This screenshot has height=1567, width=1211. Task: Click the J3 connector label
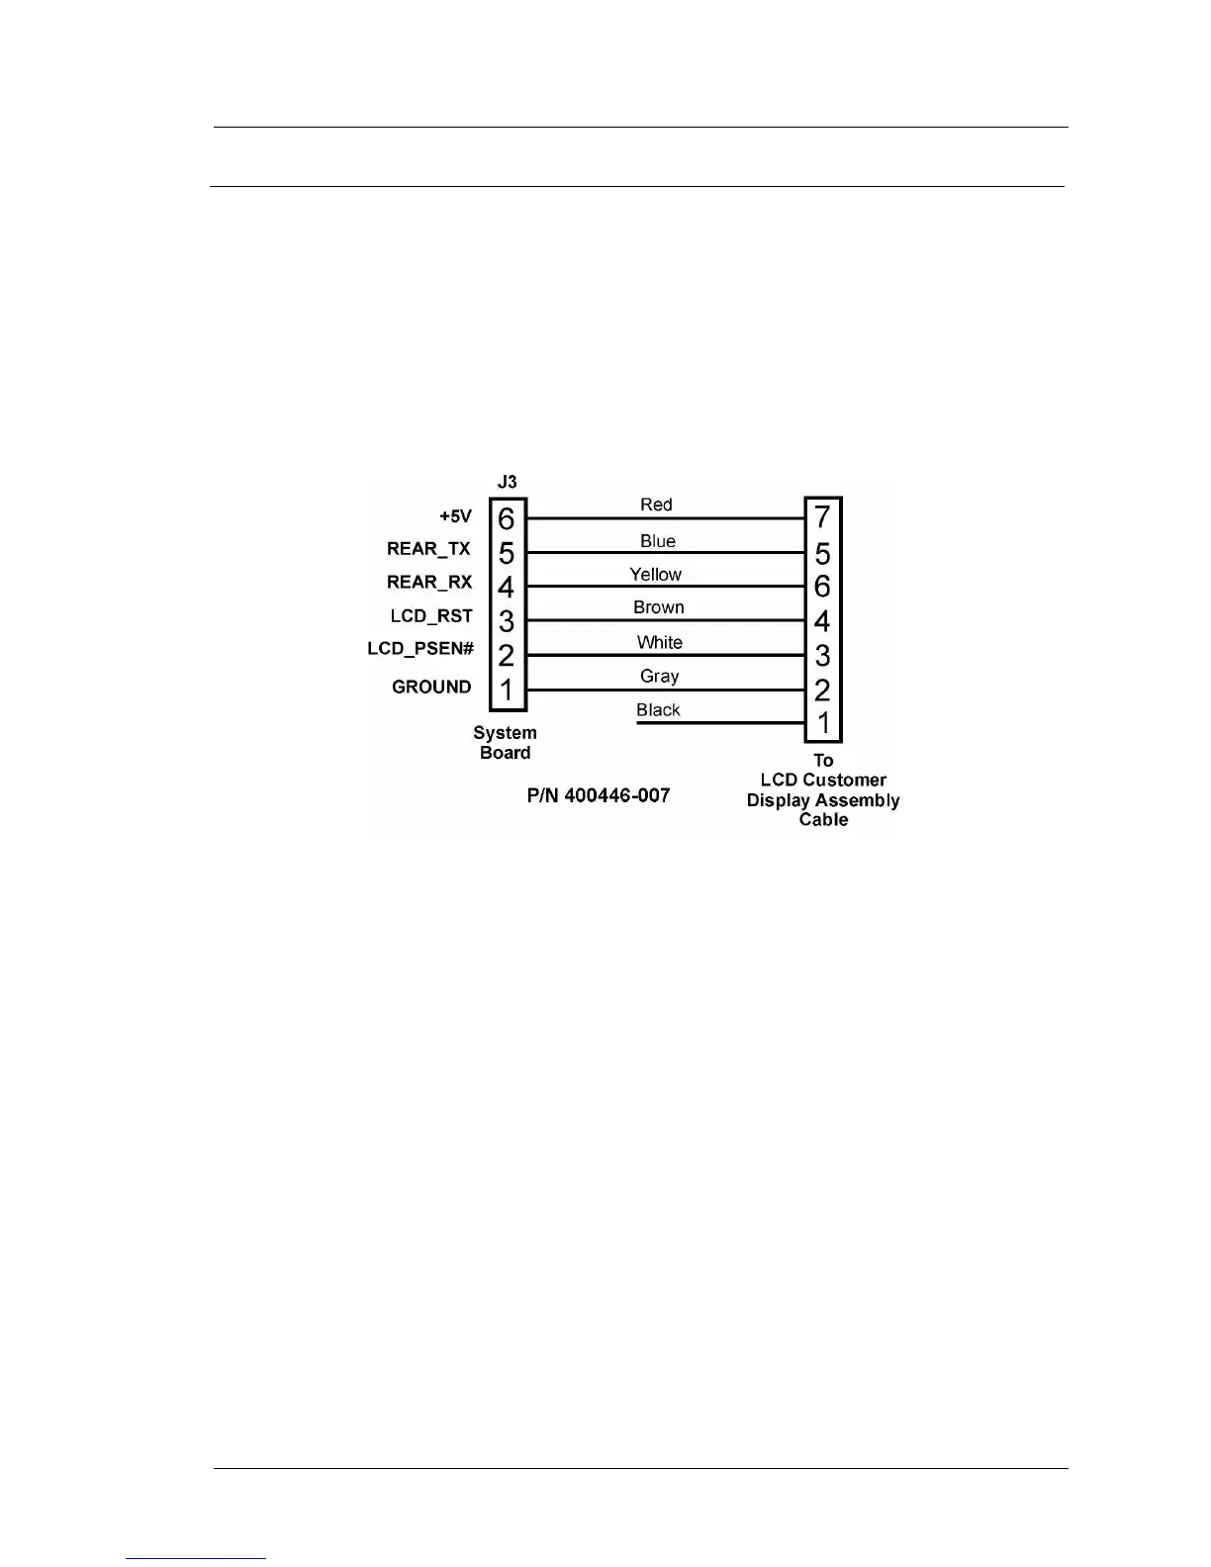(x=507, y=482)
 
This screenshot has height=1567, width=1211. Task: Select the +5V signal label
(x=456, y=516)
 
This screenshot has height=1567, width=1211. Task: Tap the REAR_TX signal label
(x=428, y=549)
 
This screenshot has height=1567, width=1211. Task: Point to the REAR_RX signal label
(x=429, y=583)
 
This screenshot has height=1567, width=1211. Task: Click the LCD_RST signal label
(x=431, y=616)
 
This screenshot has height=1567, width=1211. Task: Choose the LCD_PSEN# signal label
(x=420, y=649)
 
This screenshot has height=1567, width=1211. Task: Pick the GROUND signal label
(x=431, y=687)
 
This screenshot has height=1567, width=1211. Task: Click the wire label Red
(x=656, y=505)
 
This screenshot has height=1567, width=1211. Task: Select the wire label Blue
(x=658, y=541)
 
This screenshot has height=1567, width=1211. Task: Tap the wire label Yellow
(x=656, y=575)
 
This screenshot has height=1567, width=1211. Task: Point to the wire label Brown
(x=659, y=607)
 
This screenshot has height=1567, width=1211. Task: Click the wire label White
(x=660, y=642)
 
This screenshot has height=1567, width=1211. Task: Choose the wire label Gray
(x=660, y=677)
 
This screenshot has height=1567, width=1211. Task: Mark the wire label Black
(x=659, y=710)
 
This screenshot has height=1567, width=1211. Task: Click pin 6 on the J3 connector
(x=507, y=518)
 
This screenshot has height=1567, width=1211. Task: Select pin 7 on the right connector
(x=822, y=516)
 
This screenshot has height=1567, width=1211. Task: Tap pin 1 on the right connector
(x=823, y=724)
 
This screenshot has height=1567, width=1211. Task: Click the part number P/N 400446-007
(x=598, y=795)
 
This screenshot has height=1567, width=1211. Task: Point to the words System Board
(x=505, y=743)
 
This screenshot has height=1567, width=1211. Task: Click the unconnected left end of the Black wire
(x=638, y=723)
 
